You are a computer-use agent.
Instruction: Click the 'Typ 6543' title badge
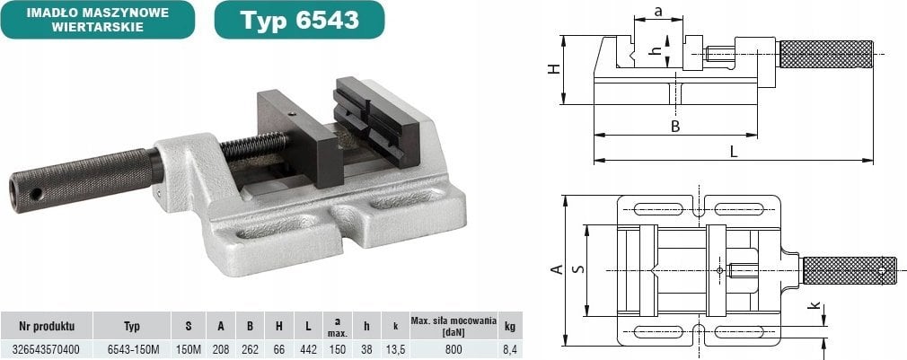tap(299, 20)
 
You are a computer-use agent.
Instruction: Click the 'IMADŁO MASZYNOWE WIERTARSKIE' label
tap(98, 20)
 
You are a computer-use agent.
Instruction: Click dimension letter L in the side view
tap(734, 152)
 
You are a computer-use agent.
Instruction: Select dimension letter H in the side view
tap(555, 69)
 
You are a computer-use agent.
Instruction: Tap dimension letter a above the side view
tap(658, 12)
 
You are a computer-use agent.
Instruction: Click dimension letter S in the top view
tap(579, 268)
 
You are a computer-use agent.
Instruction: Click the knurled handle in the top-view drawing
tap(849, 270)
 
